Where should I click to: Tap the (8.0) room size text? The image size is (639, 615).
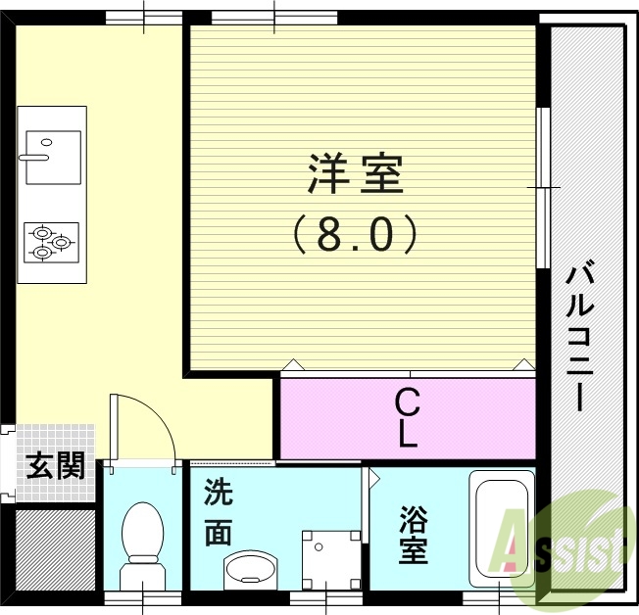356,234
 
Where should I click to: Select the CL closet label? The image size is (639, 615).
408,417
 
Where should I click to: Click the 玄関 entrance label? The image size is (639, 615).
56,466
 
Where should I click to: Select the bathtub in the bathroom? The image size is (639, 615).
501,529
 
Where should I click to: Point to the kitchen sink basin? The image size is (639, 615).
52,157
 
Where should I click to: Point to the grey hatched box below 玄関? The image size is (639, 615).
55,548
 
